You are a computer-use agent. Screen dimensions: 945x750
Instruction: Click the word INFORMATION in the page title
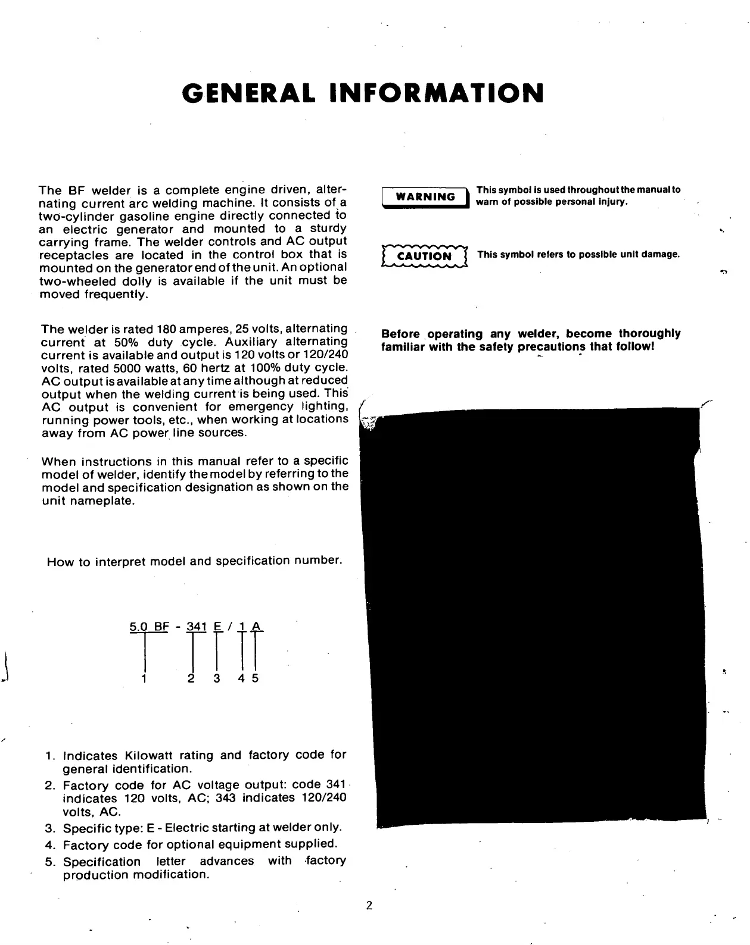point(437,93)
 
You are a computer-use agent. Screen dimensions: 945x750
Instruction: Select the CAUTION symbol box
point(424,256)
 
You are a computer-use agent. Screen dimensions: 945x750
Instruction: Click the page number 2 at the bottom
point(369,906)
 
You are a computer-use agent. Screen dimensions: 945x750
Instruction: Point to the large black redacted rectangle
point(533,616)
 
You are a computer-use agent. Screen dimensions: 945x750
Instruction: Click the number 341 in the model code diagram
point(196,627)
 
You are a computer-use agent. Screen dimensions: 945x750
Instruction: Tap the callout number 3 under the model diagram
point(216,678)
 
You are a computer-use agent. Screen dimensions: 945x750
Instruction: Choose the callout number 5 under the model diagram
point(255,678)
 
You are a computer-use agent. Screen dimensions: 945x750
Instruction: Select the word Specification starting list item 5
point(102,862)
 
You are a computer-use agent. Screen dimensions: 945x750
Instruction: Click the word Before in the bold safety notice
point(400,334)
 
